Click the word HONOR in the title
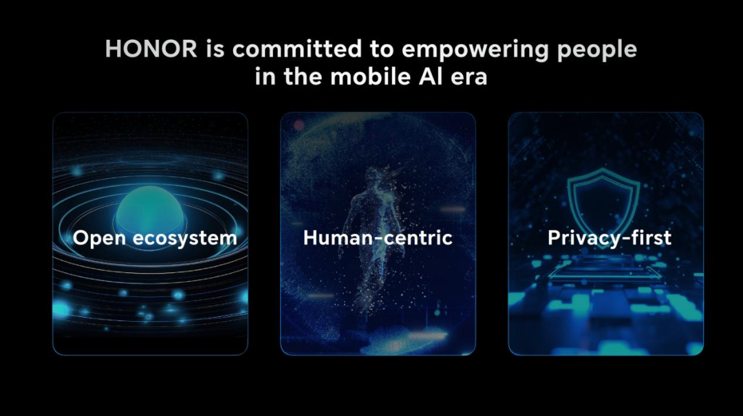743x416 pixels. coord(151,49)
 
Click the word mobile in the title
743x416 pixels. coord(371,76)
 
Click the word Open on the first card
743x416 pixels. coord(100,239)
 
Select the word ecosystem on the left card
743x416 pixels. coord(185,239)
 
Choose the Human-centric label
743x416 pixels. coord(378,237)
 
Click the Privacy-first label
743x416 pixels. coord(610,238)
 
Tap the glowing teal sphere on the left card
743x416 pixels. coord(150,209)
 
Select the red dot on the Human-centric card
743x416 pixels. coord(299,125)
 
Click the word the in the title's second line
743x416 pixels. coord(303,76)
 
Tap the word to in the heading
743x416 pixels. coord(382,50)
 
